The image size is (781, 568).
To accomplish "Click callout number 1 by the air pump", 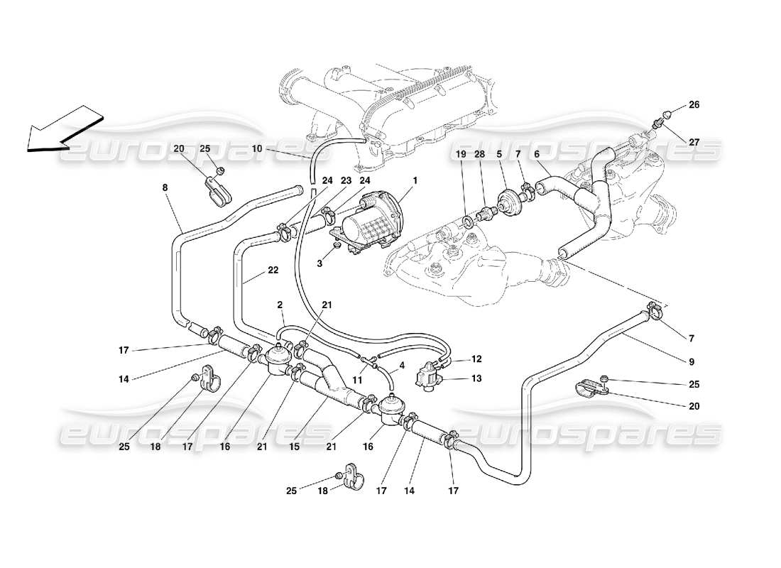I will (415, 180).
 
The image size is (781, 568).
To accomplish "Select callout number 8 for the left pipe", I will (165, 187).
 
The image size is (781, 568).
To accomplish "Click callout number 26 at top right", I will (694, 105).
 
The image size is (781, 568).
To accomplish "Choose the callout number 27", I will (694, 142).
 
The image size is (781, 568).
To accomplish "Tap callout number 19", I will (460, 153).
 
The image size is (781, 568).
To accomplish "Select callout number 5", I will (500, 153).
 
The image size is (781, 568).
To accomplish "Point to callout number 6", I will (537, 153).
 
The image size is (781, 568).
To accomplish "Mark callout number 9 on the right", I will (690, 361).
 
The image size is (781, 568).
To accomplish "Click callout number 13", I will (476, 378).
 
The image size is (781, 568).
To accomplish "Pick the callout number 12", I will (476, 359).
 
